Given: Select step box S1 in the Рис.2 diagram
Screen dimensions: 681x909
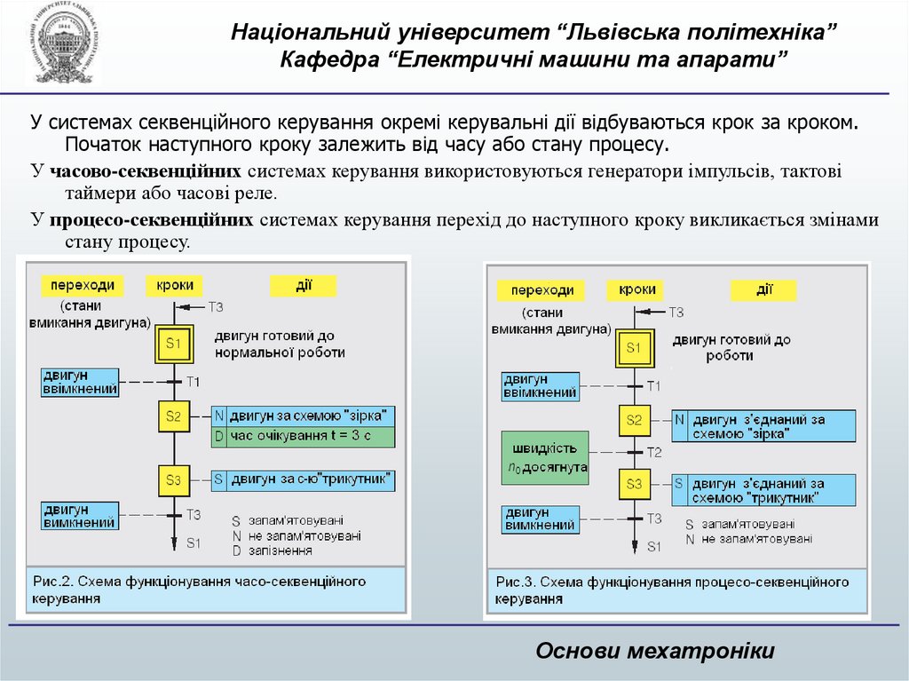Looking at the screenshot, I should tap(173, 344).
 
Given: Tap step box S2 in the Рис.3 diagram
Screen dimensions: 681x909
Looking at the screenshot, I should tap(633, 421).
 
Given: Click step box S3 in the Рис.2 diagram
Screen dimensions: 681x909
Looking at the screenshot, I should tap(173, 480).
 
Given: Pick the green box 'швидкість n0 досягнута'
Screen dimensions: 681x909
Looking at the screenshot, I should tap(544, 457).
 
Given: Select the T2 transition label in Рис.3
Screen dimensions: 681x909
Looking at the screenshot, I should tap(654, 453).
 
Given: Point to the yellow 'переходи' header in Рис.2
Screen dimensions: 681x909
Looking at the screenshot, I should tap(83, 286).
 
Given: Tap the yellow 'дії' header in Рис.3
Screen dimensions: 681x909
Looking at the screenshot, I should tap(763, 289).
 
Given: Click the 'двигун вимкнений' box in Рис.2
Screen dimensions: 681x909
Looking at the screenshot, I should tap(80, 516).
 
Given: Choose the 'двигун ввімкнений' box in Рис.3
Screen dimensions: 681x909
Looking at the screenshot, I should tap(540, 386).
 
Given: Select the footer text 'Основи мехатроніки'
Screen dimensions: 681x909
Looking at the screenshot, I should tap(655, 651).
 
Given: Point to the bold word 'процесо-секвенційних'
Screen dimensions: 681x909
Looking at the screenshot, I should tap(152, 220).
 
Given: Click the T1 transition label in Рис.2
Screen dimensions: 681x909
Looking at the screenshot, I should tap(194, 381).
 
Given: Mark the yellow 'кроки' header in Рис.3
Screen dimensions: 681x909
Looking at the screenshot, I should tap(636, 289).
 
